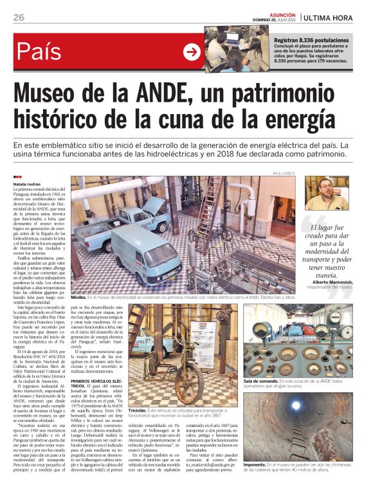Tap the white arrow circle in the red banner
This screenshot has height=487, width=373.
192,52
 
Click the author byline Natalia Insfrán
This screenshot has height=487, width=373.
31,184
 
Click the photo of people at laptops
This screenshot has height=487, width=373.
238,48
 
